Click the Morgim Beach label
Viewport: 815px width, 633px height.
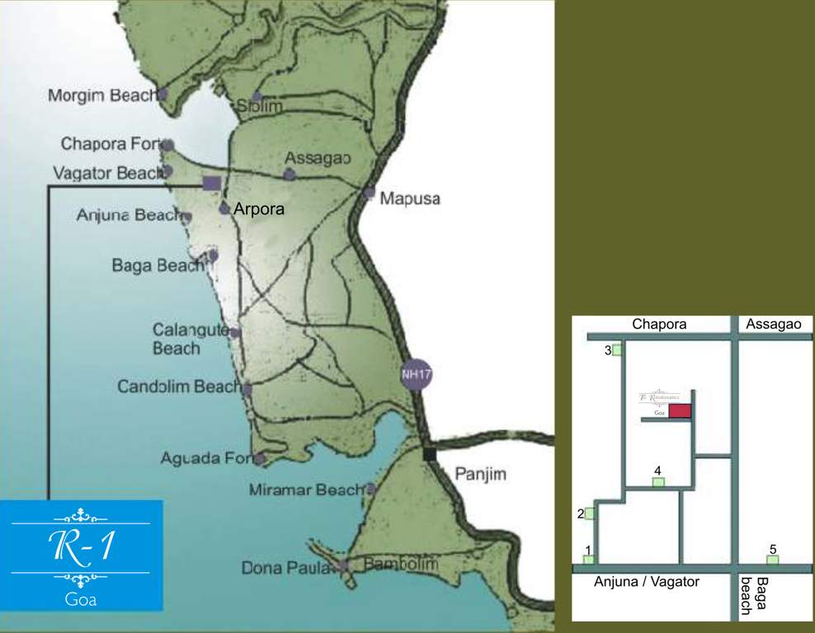[101, 96]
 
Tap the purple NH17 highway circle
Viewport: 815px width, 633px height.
[417, 373]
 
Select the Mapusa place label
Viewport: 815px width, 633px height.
[410, 199]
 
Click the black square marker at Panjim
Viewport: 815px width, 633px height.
[429, 453]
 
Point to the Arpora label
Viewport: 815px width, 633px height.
[259, 209]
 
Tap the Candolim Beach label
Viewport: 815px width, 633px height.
[179, 386]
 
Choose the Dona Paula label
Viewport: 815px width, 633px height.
[288, 568]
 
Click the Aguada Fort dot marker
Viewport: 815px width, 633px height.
[261, 459]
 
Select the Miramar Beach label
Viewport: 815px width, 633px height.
[305, 490]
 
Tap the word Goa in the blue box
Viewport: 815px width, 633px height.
[81, 599]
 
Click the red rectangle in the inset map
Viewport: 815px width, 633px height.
[680, 411]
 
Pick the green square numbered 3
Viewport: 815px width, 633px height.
[617, 350]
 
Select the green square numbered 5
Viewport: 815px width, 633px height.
[773, 560]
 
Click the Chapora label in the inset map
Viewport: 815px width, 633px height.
[659, 325]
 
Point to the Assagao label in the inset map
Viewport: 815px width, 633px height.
[773, 325]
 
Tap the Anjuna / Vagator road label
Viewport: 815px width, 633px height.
[647, 582]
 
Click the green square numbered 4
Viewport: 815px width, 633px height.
[658, 481]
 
